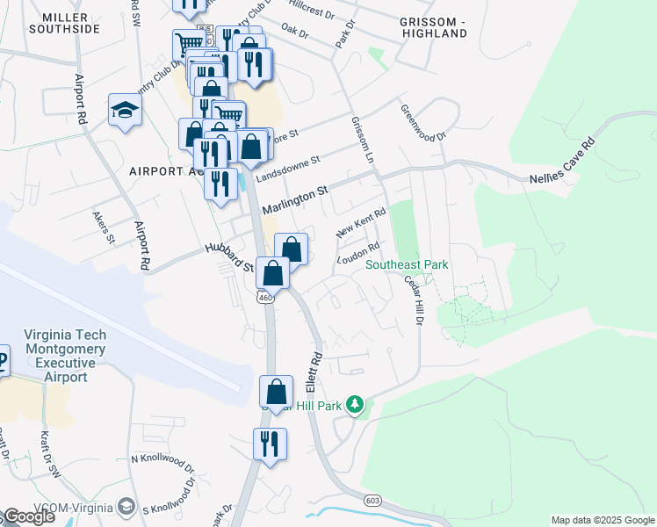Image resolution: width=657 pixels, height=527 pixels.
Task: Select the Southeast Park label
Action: pyautogui.click(x=407, y=264)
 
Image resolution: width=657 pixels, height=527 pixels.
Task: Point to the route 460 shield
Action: pyautogui.click(x=265, y=299)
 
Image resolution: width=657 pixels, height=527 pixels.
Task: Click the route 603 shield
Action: pyautogui.click(x=372, y=500)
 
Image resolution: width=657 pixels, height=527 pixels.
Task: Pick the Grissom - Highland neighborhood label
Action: pyautogui.click(x=432, y=26)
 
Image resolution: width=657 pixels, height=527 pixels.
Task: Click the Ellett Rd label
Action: pyautogui.click(x=316, y=372)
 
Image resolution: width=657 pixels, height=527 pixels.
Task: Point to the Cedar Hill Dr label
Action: pyautogui.click(x=413, y=300)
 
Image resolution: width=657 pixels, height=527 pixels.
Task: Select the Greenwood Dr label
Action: pyautogui.click(x=423, y=124)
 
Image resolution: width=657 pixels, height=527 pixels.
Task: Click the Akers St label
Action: pyautogui.click(x=104, y=226)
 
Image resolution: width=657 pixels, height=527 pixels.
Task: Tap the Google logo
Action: pyautogui.click(x=30, y=516)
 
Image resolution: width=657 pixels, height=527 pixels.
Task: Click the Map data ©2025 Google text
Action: pyautogui.click(x=602, y=520)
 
